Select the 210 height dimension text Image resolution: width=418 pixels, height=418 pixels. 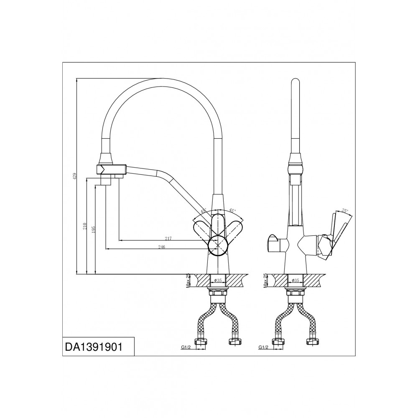tap(84, 227)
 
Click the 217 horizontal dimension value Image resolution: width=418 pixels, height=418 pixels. tap(168, 239)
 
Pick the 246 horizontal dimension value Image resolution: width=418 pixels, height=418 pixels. tap(162, 247)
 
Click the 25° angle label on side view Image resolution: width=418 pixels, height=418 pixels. tap(344, 210)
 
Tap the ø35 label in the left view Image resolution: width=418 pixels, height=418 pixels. tap(217, 280)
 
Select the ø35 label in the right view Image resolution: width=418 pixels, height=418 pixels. tap(296, 280)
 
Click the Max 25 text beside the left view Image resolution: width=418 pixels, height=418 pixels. tap(188, 280)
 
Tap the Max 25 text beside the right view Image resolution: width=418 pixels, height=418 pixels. tap(265, 280)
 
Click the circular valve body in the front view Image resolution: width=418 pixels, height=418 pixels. tap(218, 245)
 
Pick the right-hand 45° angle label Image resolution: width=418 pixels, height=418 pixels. tap(232, 211)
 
